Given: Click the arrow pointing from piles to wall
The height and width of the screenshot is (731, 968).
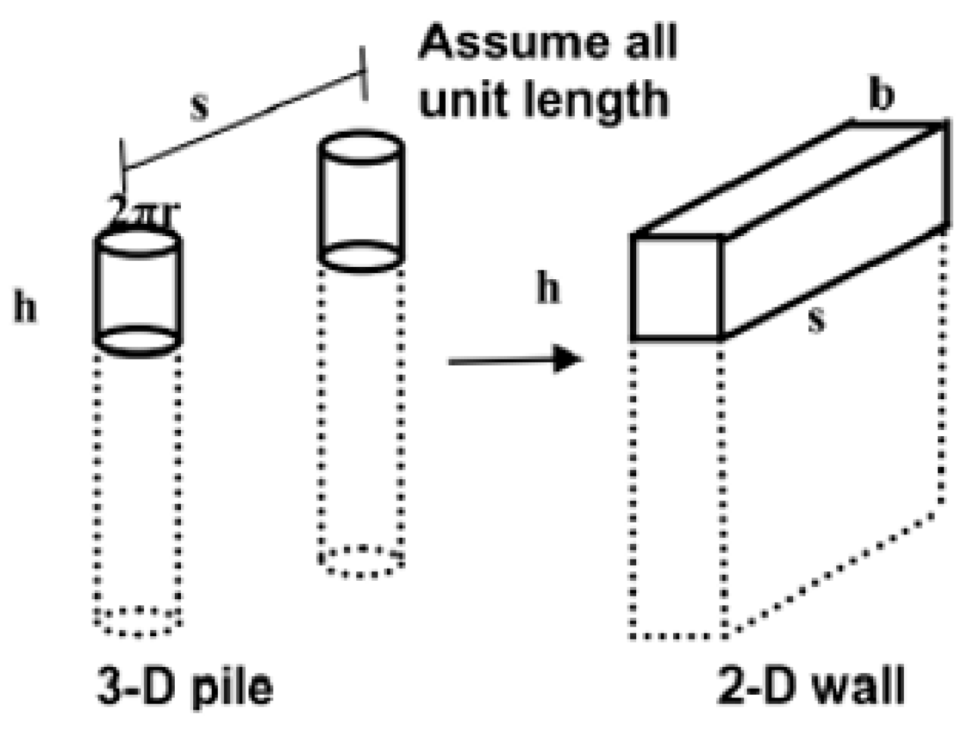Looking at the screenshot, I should (515, 359).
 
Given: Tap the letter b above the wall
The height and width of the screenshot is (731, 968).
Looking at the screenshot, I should (881, 95).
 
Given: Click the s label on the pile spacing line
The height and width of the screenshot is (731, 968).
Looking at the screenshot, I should (199, 107).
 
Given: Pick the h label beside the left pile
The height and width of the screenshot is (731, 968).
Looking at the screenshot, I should (25, 308).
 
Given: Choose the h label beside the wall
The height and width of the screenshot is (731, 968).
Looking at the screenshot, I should (548, 288).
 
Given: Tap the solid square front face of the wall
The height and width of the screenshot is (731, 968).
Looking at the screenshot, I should (677, 287).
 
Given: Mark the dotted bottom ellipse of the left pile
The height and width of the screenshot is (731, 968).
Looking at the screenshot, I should (138, 620).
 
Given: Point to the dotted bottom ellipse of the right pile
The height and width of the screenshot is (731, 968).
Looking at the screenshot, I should (362, 561).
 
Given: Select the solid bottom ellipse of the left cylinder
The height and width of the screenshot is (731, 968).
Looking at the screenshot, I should (138, 339).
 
